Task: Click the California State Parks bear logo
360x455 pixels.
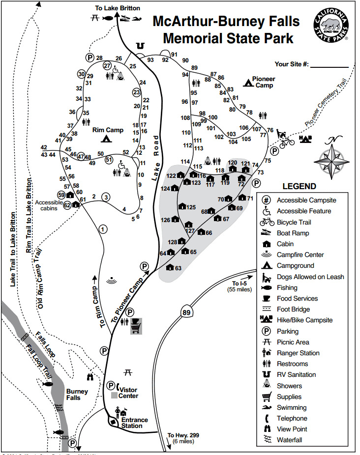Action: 330,25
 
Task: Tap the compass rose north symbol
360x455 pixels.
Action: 331,158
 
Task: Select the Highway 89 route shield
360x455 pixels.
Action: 186,313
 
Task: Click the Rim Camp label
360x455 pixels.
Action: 108,130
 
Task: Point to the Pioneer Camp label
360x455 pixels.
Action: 263,82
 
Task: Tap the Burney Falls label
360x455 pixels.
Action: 77,395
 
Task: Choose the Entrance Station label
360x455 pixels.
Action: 134,423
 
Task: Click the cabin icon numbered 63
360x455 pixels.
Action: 170,267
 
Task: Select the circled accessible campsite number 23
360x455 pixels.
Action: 137,92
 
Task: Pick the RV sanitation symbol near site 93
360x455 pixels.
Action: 141,46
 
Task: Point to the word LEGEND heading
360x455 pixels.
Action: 300,186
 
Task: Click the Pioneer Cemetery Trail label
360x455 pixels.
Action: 326,102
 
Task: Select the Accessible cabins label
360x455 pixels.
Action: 49,205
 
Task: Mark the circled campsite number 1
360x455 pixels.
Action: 103,229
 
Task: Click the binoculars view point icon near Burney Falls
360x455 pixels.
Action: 90,377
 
